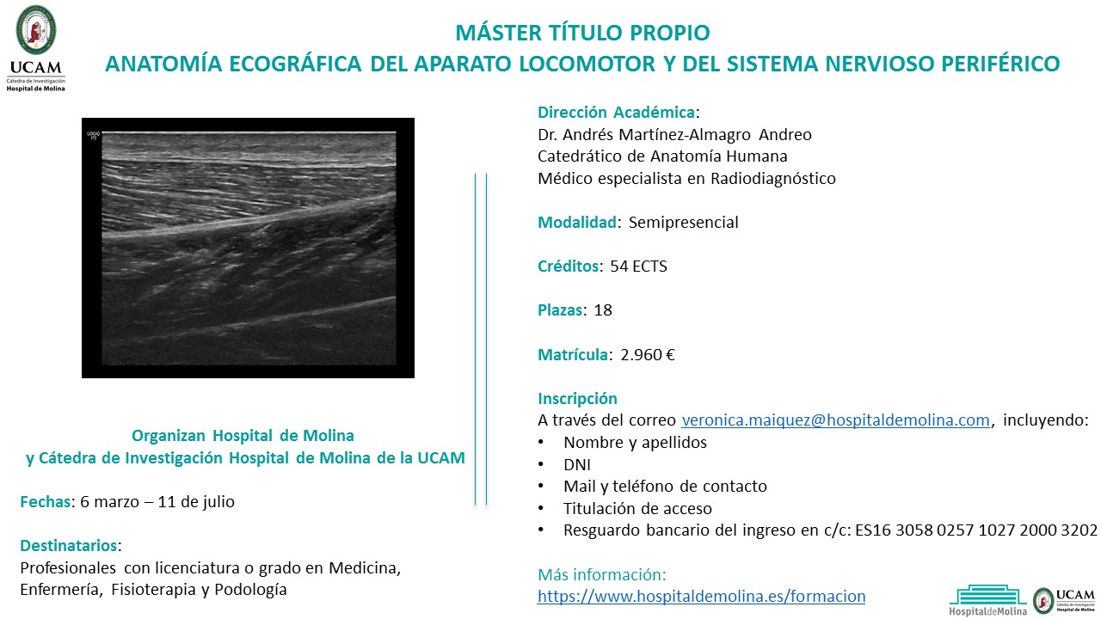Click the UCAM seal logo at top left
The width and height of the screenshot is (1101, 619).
tap(36, 29)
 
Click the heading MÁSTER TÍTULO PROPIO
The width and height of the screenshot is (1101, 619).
tap(582, 33)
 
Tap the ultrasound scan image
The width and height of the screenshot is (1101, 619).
tap(249, 248)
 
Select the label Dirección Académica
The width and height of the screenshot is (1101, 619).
tap(616, 113)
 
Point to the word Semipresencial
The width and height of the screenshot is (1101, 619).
tap(683, 223)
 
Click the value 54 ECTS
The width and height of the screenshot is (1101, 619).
tap(638, 267)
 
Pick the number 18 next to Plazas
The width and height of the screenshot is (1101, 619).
tap(603, 310)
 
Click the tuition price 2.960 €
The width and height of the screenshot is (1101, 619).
tap(648, 354)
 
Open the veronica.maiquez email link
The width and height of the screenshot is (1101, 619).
tap(835, 420)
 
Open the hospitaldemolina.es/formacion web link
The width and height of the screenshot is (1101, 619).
tap(701, 597)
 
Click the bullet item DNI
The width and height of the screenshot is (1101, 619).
tap(577, 464)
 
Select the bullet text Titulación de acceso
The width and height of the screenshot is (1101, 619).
tap(637, 508)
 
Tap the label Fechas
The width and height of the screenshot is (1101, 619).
tap(46, 501)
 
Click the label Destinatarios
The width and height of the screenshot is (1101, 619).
tap(68, 545)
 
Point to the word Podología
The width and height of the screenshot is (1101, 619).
tap(250, 590)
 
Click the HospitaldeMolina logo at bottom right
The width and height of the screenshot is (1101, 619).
tap(988, 600)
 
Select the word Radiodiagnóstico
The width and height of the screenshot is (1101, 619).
tap(773, 178)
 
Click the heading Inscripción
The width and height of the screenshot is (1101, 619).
tap(577, 398)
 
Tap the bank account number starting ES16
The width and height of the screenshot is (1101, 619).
tap(976, 530)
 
